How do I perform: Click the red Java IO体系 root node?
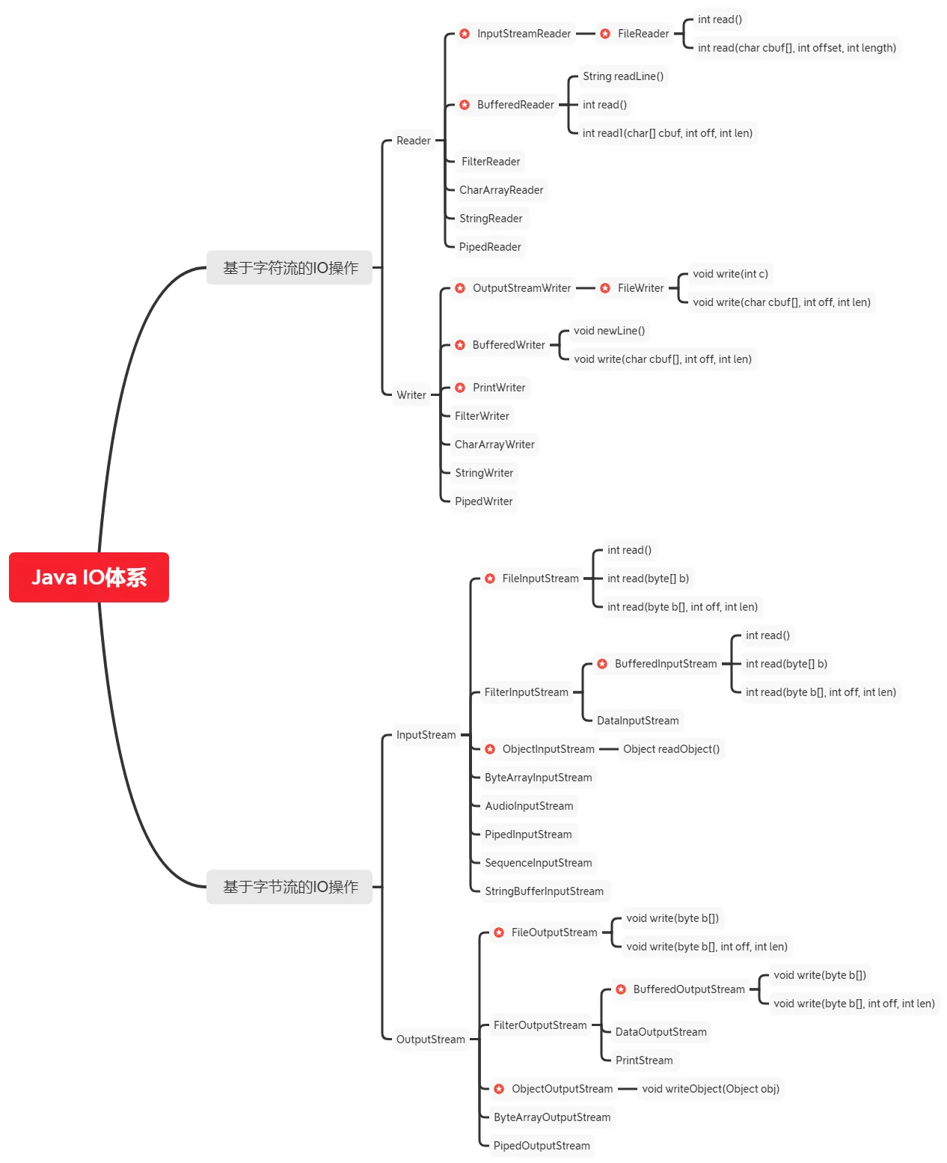coord(88,577)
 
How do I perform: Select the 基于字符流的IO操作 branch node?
coord(289,268)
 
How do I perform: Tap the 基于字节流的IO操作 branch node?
coord(289,887)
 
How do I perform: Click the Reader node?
coord(413,141)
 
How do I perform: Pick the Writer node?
coord(411,395)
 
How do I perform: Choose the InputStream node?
coord(426,735)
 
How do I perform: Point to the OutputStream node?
coord(430,1040)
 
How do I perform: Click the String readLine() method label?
coord(622,76)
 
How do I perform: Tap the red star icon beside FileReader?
coord(605,34)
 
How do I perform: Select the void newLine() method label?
coord(609,331)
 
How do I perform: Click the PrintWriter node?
coord(498,388)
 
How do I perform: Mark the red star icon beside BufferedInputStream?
coord(602,664)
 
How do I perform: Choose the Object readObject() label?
coord(671,749)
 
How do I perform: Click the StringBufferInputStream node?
coord(544,891)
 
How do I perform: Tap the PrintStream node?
coord(643,1060)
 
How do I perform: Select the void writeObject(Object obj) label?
coord(710,1089)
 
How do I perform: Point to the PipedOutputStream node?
coord(542,1146)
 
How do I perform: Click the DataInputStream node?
coord(637,721)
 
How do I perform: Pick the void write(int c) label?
coord(730,274)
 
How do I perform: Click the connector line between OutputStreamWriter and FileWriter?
coord(586,288)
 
